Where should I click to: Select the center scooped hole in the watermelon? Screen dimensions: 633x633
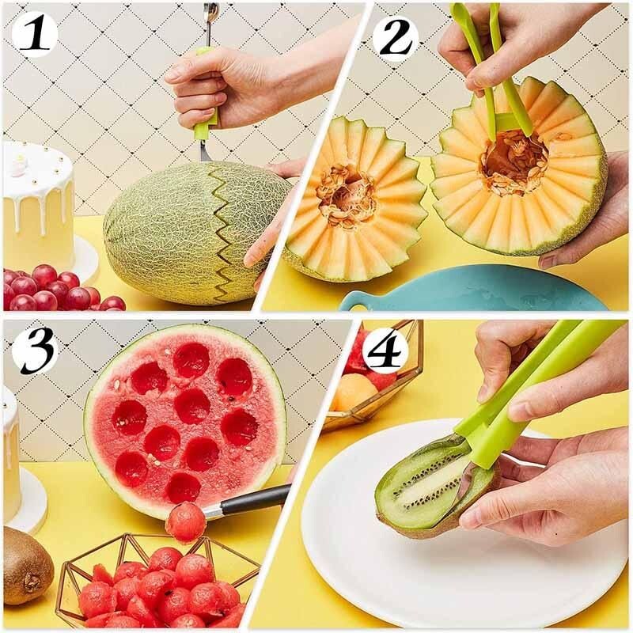tap(192, 405)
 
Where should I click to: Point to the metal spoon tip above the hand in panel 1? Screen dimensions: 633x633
tap(210, 14)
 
